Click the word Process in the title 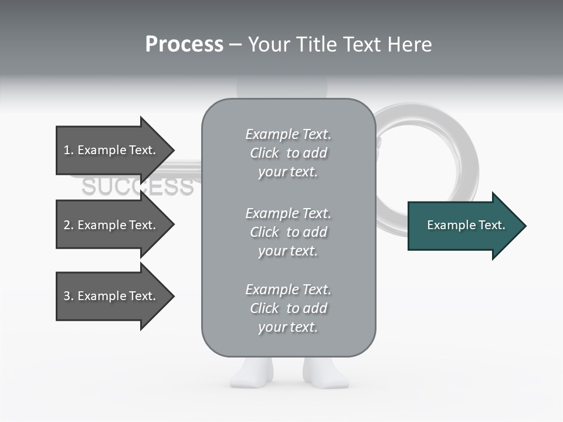point(184,45)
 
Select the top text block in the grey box point(288,153)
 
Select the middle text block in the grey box point(288,232)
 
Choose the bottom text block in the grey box point(288,308)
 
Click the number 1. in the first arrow point(69,150)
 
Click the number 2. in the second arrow point(69,225)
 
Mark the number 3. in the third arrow point(69,296)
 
